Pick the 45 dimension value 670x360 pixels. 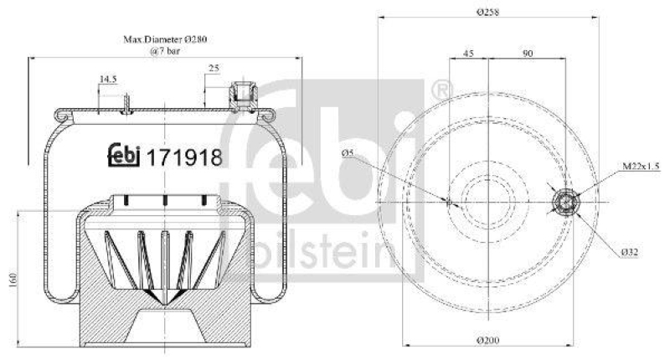click(468, 54)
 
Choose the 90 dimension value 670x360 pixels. click(528, 54)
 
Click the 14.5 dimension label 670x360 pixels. click(108, 80)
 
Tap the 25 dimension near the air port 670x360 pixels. click(214, 67)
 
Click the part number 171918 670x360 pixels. click(184, 156)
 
